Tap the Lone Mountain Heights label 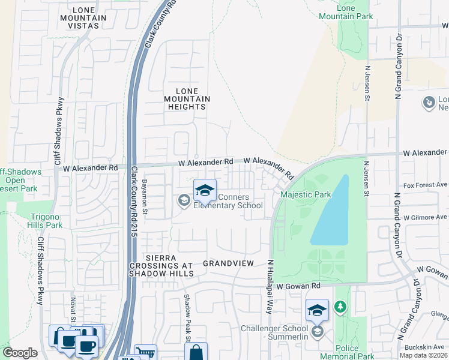tap(187, 98)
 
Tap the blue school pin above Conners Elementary tap(205, 190)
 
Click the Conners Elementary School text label tap(228, 202)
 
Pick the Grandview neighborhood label tap(229, 263)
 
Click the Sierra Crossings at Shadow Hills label tap(161, 266)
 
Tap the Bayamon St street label tap(145, 196)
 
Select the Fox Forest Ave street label tap(426, 185)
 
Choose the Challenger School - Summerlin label tap(274, 333)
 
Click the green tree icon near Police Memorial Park tap(340, 307)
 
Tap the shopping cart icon tap(145, 353)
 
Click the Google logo tap(20, 353)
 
